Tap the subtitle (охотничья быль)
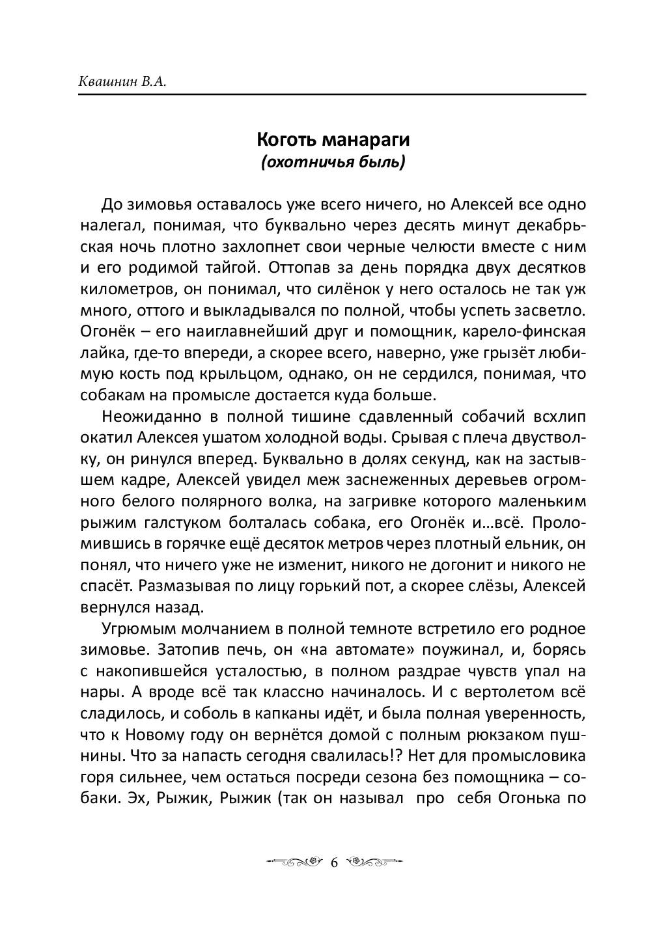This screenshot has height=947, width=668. point(332,161)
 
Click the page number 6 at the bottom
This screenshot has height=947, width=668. point(334,862)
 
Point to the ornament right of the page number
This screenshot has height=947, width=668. point(374,862)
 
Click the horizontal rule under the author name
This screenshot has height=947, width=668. point(332,95)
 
